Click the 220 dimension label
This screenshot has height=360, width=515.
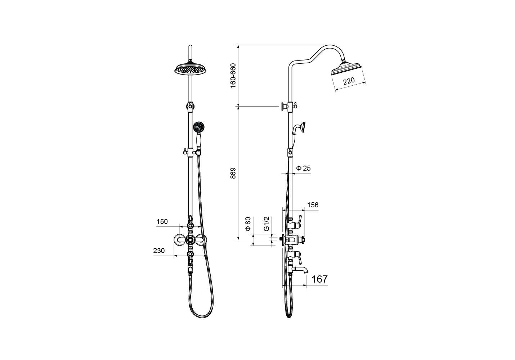349,81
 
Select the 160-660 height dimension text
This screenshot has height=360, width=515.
233,75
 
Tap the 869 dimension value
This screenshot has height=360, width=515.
233,173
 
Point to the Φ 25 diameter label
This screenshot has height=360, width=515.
303,168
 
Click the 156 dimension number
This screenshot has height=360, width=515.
313,205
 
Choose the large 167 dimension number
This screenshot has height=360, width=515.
319,279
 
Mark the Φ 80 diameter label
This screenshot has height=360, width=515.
248,224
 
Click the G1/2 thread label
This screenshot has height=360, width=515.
266,224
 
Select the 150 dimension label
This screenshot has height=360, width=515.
162,222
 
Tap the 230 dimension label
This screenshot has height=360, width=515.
159,251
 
